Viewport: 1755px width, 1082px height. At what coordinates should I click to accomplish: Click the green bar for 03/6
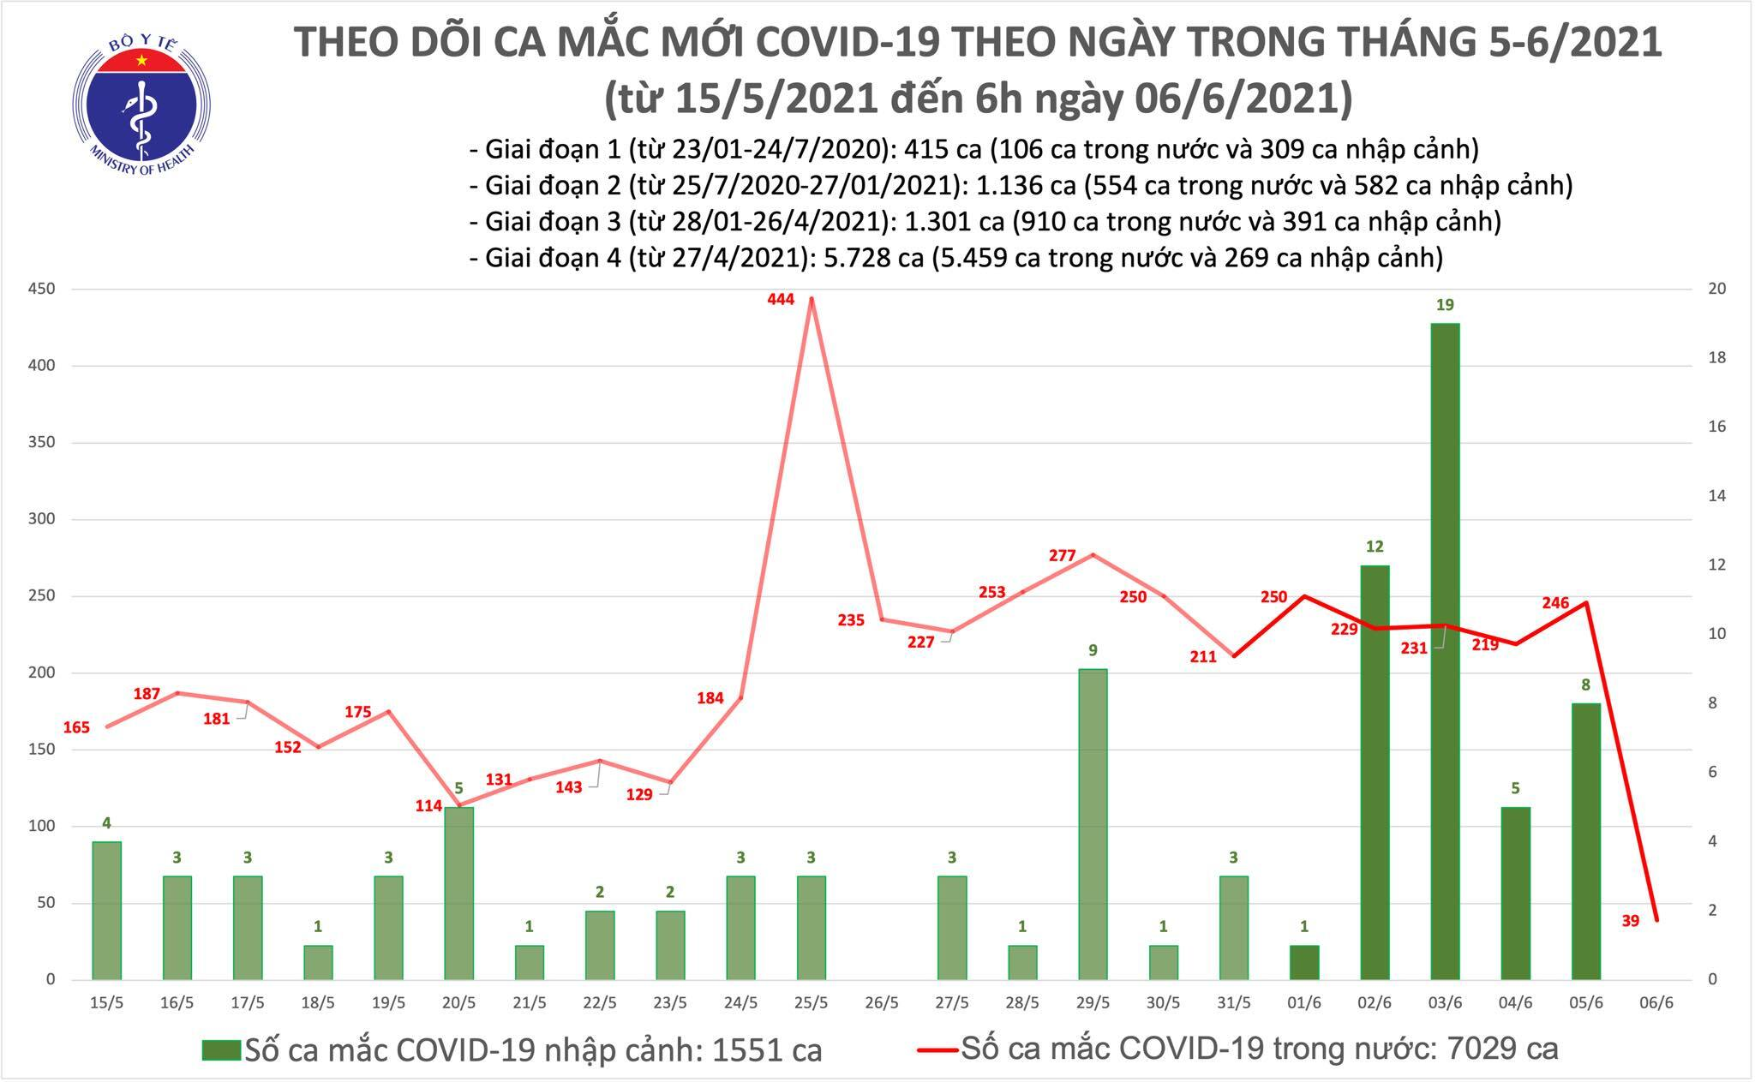[x=1445, y=651]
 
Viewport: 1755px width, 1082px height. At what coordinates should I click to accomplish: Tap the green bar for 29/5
[x=1093, y=823]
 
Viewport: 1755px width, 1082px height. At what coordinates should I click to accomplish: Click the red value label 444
[x=781, y=299]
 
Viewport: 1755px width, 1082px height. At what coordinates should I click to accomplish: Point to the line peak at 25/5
[x=812, y=299]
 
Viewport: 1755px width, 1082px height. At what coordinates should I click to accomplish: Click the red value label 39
[x=1630, y=921]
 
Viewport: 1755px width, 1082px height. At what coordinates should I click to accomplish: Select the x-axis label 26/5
[x=882, y=1002]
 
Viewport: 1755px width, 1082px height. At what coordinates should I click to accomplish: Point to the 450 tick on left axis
[x=41, y=289]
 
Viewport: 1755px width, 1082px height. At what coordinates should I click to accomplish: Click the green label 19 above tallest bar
[x=1446, y=305]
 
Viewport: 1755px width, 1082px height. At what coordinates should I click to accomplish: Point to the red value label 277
[x=1062, y=555]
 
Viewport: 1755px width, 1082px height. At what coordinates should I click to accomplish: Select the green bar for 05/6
[x=1586, y=840]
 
